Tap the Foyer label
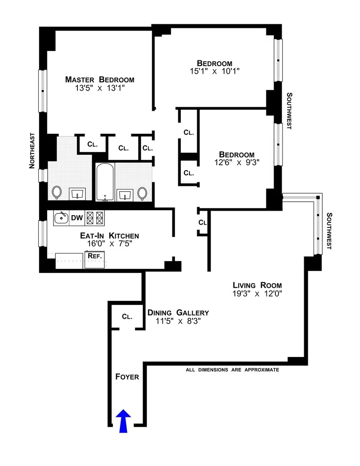click(127, 377)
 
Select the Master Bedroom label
click(99, 80)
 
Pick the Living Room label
click(257, 285)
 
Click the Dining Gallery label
click(178, 312)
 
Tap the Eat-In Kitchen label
click(109, 235)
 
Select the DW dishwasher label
click(77, 218)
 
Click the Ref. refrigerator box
click(94, 256)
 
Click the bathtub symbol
click(105, 182)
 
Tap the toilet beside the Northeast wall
click(57, 192)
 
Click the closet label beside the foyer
click(127, 317)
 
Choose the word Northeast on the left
click(32, 150)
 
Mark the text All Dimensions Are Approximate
click(233, 370)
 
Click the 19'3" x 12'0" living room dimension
click(257, 294)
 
